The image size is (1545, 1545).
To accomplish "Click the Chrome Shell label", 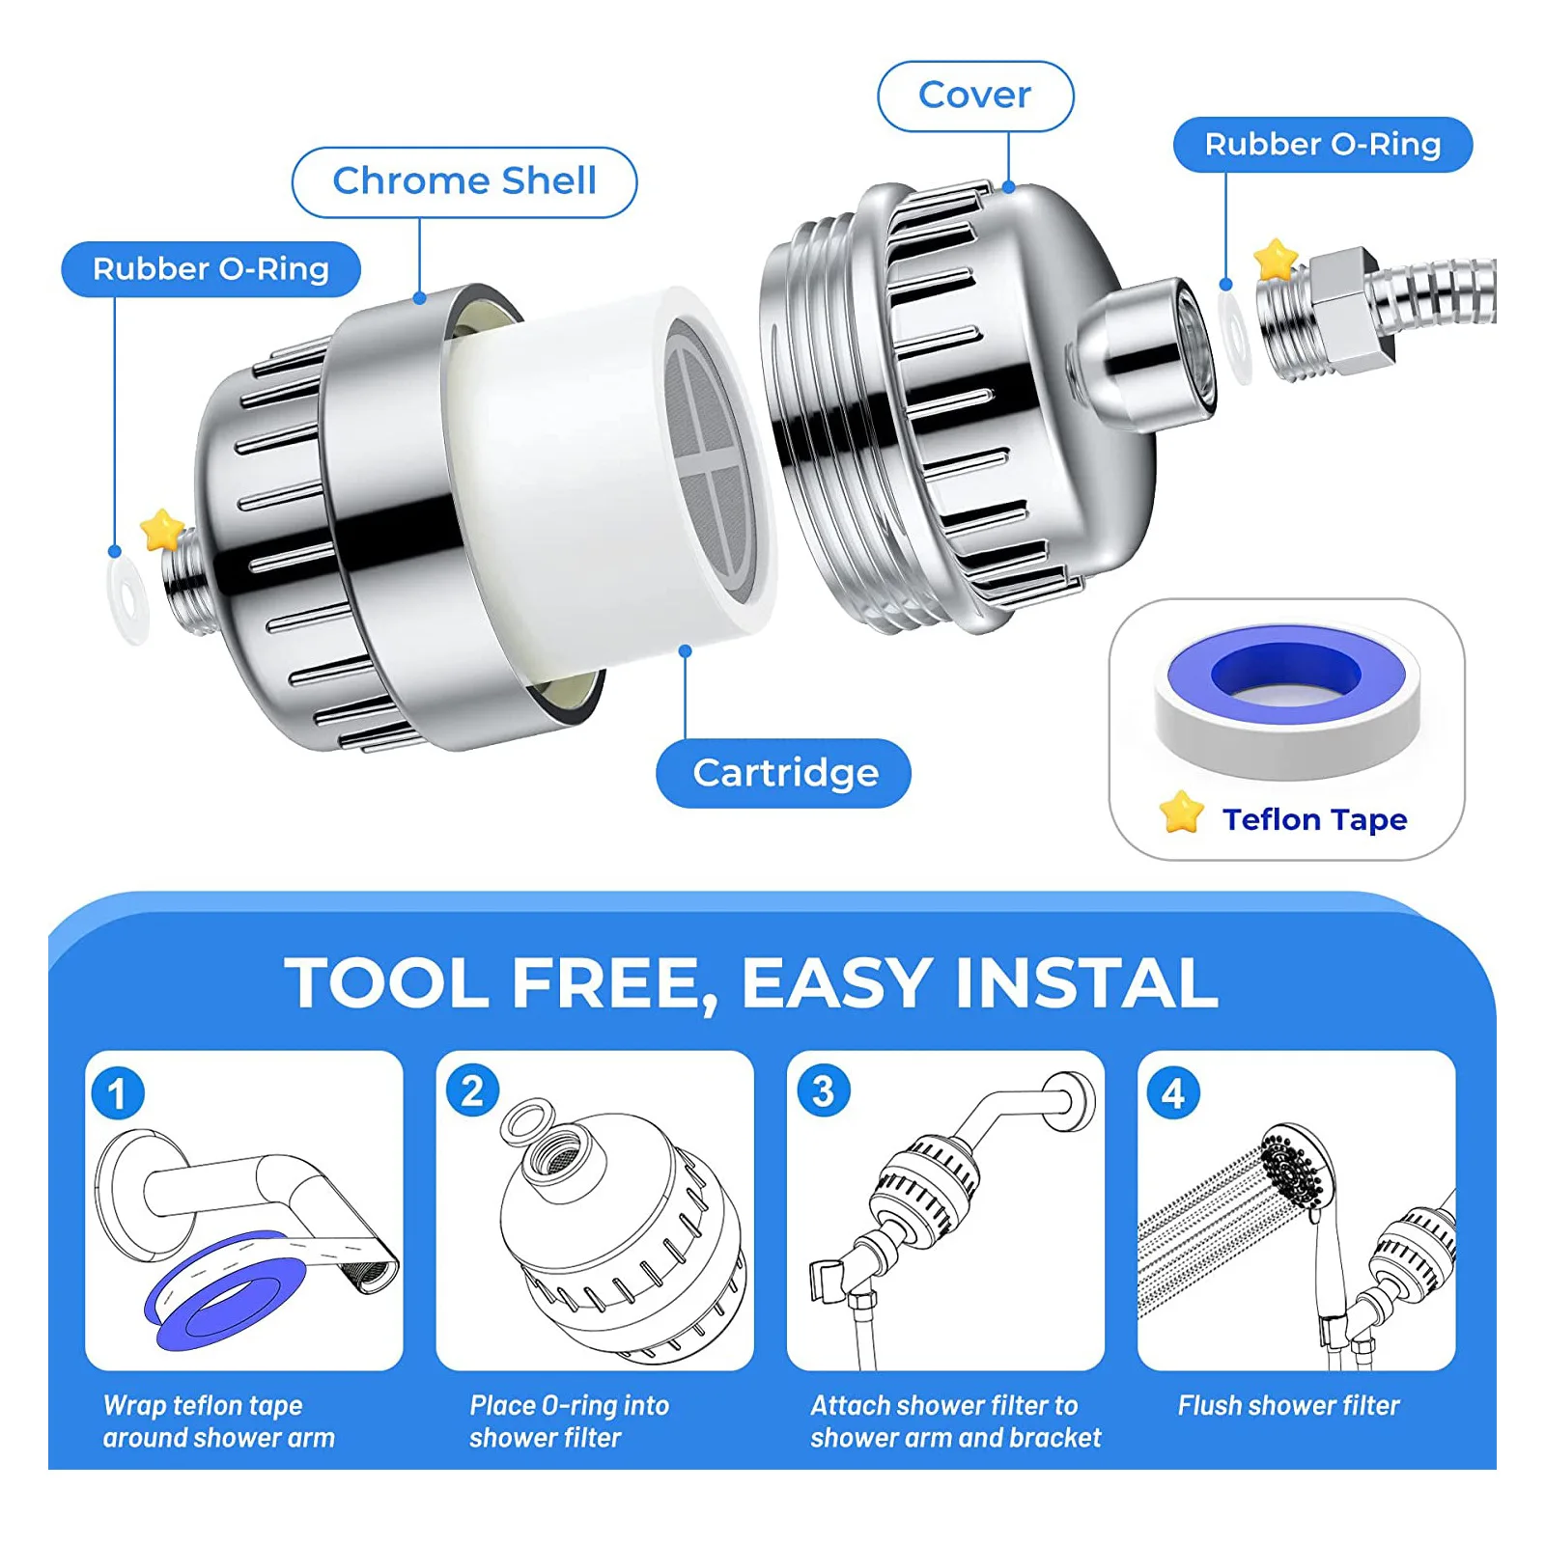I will [x=464, y=181].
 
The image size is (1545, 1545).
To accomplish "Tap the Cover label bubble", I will [x=974, y=96].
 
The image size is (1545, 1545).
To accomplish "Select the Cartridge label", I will [x=784, y=773].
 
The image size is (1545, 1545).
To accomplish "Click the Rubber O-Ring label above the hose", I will [x=1322, y=145].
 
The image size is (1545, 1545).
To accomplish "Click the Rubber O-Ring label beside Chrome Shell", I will [x=211, y=269].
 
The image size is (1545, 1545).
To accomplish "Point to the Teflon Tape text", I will [x=1313, y=819].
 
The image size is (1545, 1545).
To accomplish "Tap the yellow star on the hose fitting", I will [x=1275, y=259].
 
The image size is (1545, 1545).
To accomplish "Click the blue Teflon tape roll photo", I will [x=1286, y=700].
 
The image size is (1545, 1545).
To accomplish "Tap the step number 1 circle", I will [x=118, y=1093].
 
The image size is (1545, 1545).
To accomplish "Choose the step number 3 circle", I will [x=823, y=1091].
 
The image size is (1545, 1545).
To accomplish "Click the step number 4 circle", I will [x=1172, y=1093].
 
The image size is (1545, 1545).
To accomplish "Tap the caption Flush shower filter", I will [x=1287, y=1405].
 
